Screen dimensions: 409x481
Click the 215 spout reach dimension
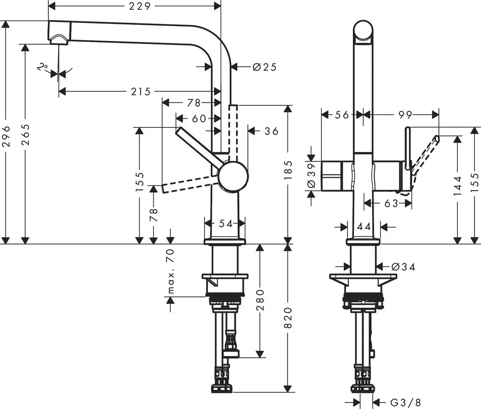click(141, 92)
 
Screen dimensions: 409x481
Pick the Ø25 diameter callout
click(265, 67)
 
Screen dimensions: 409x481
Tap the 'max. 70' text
click(171, 271)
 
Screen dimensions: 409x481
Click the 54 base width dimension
click(225, 224)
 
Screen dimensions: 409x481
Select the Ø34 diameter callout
click(402, 266)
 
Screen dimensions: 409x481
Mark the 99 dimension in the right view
click(405, 115)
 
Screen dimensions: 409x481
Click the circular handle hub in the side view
click(233, 176)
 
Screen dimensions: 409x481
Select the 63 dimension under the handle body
click(390, 204)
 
